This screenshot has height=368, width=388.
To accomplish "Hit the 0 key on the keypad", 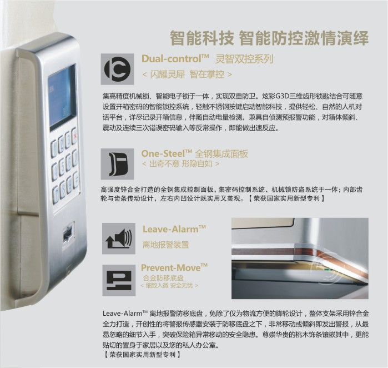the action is click(75, 157).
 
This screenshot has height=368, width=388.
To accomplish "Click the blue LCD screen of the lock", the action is click(62, 98).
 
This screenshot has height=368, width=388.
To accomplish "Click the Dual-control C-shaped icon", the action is click(117, 69).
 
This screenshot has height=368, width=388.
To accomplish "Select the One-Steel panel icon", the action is click(117, 164).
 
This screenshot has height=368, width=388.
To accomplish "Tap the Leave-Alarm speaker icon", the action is click(119, 238).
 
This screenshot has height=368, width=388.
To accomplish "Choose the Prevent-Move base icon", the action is click(119, 280).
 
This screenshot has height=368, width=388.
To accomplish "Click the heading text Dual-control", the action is click(175, 59).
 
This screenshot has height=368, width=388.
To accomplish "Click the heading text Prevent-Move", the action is click(174, 267).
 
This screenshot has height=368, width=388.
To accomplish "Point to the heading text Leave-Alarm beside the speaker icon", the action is click(174, 229).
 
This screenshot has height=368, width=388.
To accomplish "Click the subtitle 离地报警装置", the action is click(166, 245).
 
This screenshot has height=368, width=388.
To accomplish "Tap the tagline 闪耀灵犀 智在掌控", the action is click(187, 74).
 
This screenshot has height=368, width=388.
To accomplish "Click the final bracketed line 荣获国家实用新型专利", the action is click(142, 354).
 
